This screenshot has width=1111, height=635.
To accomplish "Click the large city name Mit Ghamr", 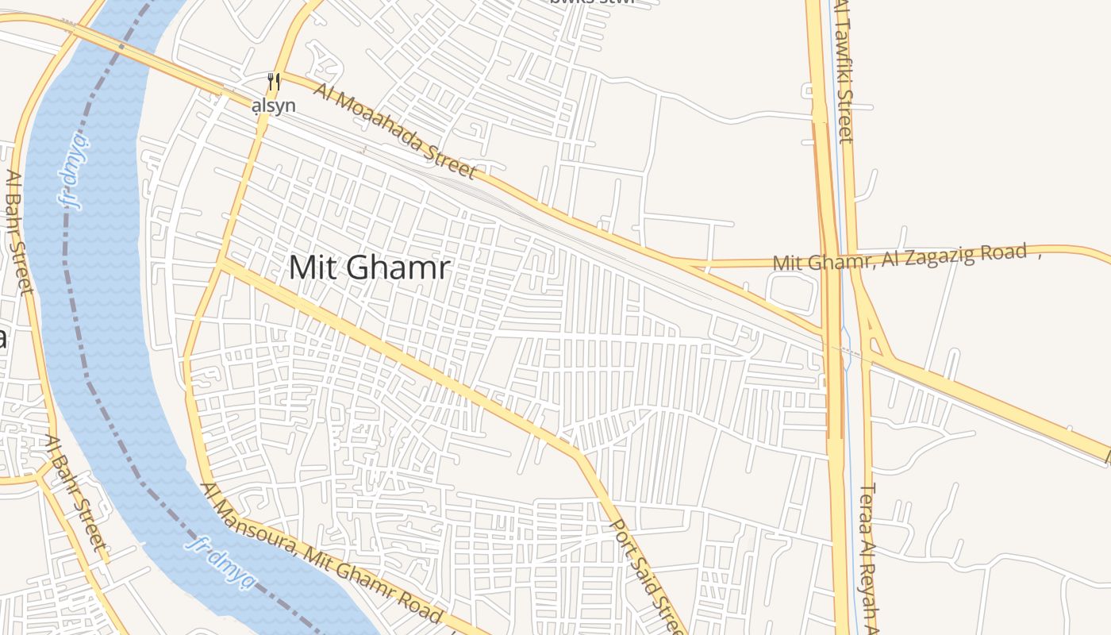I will (x=369, y=267).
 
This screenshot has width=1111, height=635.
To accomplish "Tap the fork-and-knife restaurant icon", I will (x=274, y=82).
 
